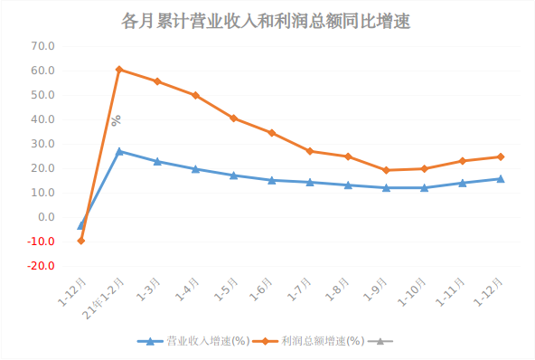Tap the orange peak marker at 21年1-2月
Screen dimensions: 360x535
pyautogui.click(x=119, y=70)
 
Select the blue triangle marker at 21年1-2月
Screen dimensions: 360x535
pyautogui.click(x=119, y=151)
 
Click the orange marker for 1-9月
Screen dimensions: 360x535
pyautogui.click(x=386, y=170)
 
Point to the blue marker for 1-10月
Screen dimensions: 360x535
pyautogui.click(x=424, y=187)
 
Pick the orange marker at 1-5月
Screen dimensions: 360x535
pyautogui.click(x=233, y=118)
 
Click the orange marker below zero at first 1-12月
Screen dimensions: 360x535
pyautogui.click(x=81, y=241)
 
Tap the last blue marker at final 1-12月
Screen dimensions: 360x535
pyautogui.click(x=501, y=178)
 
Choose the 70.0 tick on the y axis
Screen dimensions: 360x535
pyautogui.click(x=42, y=46)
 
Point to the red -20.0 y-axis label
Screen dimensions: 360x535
pyautogui.click(x=42, y=266)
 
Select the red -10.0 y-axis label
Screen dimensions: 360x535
pyautogui.click(x=42, y=242)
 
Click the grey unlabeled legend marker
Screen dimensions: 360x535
pyautogui.click(x=380, y=341)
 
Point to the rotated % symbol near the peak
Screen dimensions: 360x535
pyautogui.click(x=116, y=119)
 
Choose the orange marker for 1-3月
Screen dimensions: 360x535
pyautogui.click(x=157, y=81)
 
